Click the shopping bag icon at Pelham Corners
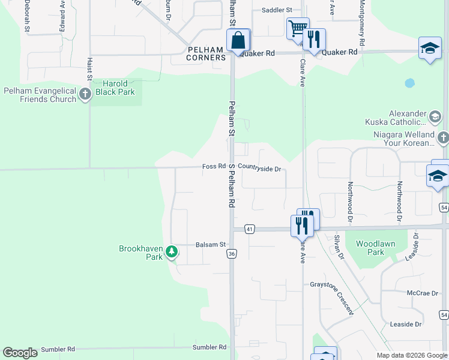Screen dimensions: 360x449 click(238, 41)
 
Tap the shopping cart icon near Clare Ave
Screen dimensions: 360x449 click(297, 28)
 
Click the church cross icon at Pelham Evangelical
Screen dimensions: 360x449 click(85, 94)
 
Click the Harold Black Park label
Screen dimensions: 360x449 click(114, 88)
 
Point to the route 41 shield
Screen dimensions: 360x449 click(250, 229)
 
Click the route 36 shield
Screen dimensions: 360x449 click(232, 254)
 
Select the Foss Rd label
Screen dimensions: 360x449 click(214, 166)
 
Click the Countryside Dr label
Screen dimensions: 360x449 click(259, 169)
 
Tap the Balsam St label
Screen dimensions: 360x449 click(210, 244)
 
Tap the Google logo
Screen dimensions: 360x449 click(20, 353)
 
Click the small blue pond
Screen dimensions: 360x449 click(409, 83)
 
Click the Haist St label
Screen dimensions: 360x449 click(89, 69)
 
